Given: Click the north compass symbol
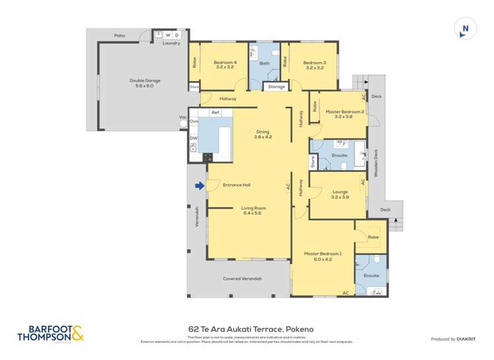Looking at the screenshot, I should pyautogui.click(x=466, y=28).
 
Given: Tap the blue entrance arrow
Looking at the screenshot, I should pyautogui.click(x=200, y=186).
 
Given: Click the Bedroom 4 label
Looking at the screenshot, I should pyautogui.click(x=224, y=65).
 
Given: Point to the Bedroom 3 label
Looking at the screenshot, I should pyautogui.click(x=314, y=65).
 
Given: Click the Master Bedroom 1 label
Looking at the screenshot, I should pyautogui.click(x=323, y=257).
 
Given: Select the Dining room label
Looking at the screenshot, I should pyautogui.click(x=263, y=134).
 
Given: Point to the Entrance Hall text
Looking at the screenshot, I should pyautogui.click(x=236, y=185).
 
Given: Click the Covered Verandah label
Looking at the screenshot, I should pyautogui.click(x=242, y=278).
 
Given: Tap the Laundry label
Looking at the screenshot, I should pyautogui.click(x=171, y=43).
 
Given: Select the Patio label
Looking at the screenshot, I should pyautogui.click(x=119, y=36).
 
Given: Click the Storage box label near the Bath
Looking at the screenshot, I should pyautogui.click(x=277, y=86).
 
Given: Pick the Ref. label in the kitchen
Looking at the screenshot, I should pyautogui.click(x=215, y=113).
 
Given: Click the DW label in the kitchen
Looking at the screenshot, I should pyautogui.click(x=194, y=138).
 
